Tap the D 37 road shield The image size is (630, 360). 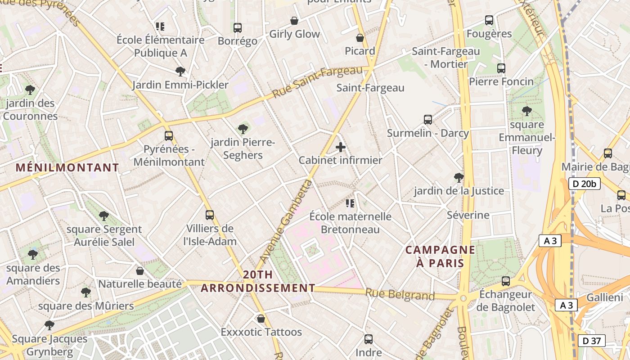pyautogui.click(x=591, y=341)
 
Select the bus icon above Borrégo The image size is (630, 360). pyautogui.click(x=238, y=28)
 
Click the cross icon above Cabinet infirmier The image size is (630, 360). pyautogui.click(x=341, y=147)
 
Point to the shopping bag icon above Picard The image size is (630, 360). pyautogui.click(x=360, y=38)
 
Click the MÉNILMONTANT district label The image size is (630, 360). pyautogui.click(x=67, y=168)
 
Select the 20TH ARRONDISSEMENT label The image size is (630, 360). pyautogui.click(x=258, y=281)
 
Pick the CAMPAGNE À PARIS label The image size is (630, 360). pyautogui.click(x=440, y=256)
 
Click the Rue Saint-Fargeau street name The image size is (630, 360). pyautogui.click(x=317, y=82)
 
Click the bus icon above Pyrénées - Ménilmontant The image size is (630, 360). pyautogui.click(x=169, y=136)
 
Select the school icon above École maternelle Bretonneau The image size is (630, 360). pyautogui.click(x=350, y=203)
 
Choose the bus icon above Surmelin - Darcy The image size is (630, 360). pyautogui.click(x=428, y=120)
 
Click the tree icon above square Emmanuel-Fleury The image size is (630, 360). pyautogui.click(x=526, y=111)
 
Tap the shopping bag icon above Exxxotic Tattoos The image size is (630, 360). pyautogui.click(x=261, y=319)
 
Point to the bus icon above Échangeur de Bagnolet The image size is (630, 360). pyautogui.click(x=506, y=281)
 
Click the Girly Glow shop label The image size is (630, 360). pyautogui.click(x=294, y=34)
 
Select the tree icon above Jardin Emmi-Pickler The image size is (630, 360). pyautogui.click(x=180, y=72)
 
